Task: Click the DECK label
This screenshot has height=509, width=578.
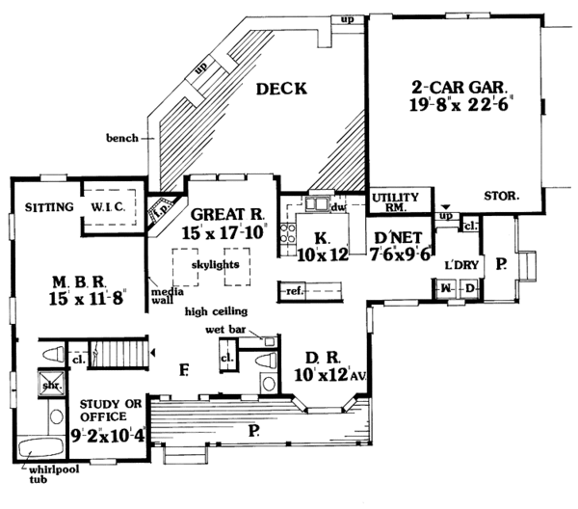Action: (281, 90)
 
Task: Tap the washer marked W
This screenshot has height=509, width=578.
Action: (447, 288)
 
